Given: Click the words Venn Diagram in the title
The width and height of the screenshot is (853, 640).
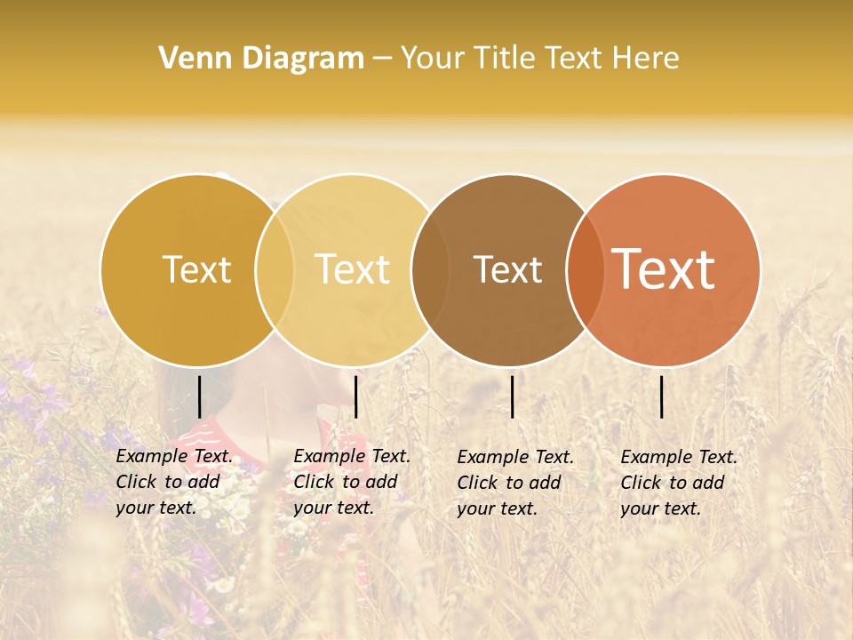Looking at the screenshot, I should coord(261,59).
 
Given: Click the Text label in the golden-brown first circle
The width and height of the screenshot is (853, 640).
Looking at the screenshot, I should coord(196,270).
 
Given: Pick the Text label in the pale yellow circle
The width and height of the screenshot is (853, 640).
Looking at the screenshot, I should coord(353,270).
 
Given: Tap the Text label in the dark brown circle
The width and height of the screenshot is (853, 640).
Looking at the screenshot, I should coord(507,270).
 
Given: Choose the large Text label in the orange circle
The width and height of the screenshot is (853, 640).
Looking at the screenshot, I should coord(664,270).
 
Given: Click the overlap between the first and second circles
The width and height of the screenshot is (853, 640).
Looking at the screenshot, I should coord(275,270).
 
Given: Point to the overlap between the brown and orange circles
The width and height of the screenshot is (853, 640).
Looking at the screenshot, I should coord(586,270).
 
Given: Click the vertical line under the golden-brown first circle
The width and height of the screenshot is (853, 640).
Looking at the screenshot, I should coord(199,396).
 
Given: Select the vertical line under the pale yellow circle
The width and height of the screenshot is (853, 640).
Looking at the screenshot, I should coord(355,396).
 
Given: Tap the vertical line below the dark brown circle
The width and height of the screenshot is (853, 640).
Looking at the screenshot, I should coord(513,396).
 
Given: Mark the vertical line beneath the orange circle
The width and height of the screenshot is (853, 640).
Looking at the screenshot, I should coord(662,396).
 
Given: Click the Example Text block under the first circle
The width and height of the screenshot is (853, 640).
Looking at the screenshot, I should coord(173,482).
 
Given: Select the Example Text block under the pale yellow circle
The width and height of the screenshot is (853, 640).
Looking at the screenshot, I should coord(351,482).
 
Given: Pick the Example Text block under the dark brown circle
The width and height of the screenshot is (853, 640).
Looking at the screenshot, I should coord(514,483).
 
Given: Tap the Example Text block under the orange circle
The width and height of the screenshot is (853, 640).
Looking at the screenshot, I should coord(678,483).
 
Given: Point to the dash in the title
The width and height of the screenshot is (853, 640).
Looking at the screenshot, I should coord(382,59).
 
